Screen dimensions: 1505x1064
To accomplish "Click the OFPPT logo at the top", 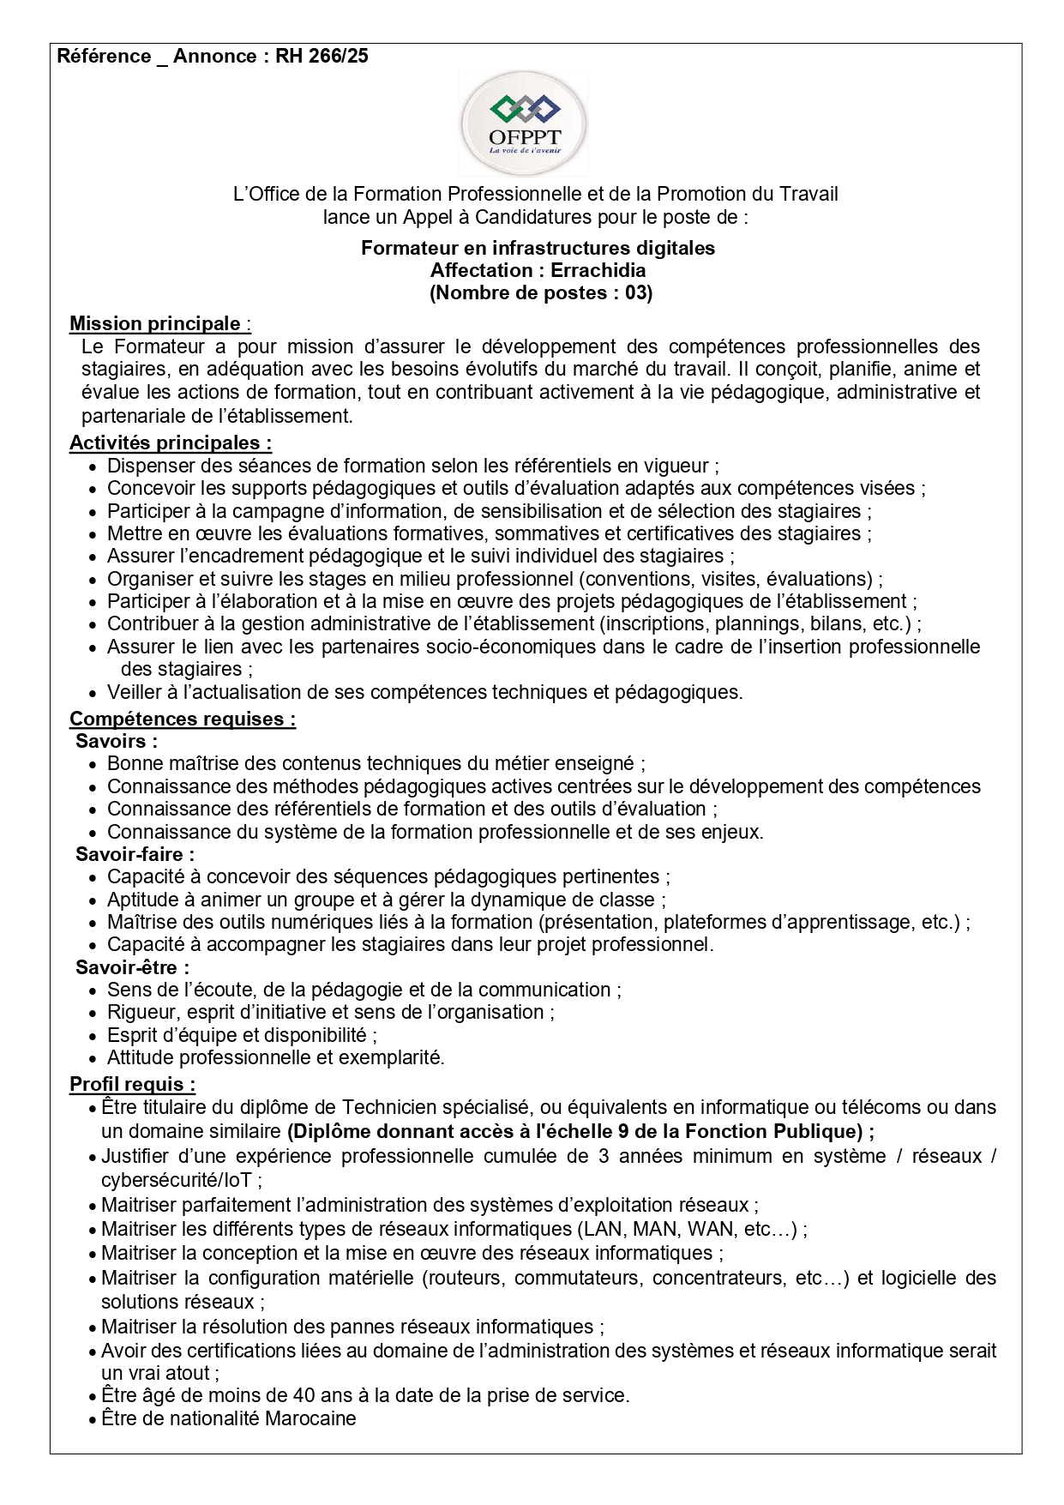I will click(x=523, y=123).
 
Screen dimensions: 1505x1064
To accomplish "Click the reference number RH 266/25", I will click(x=322, y=57).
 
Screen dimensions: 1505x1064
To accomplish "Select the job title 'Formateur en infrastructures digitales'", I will click(x=538, y=248).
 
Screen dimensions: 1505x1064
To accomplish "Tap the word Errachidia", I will click(x=598, y=271).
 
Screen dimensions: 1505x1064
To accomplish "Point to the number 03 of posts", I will click(x=635, y=293).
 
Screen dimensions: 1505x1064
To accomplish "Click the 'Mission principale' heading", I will click(x=154, y=324).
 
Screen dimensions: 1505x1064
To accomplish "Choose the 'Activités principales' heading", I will click(x=170, y=443).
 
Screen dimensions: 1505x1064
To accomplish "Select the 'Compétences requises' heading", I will click(x=182, y=719).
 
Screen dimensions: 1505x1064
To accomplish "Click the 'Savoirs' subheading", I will click(x=116, y=742).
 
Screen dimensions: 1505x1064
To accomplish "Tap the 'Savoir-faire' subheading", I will click(x=135, y=854).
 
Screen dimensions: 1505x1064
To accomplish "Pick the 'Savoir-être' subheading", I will click(x=132, y=967).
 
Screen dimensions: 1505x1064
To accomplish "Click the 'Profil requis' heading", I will click(x=132, y=1085).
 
